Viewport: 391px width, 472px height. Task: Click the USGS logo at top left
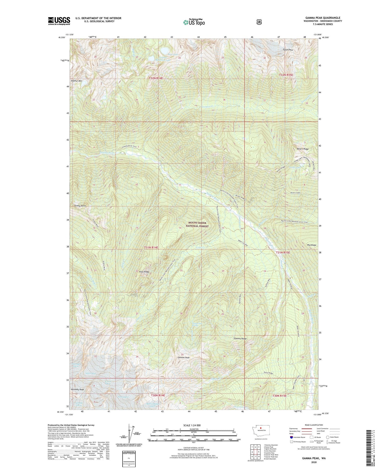[x=59, y=21]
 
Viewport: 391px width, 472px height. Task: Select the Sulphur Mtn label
[x=76, y=81]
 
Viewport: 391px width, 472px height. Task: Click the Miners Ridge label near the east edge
[x=303, y=149]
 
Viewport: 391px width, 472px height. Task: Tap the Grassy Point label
[x=80, y=206]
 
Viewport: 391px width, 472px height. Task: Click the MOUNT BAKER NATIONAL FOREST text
[x=199, y=224]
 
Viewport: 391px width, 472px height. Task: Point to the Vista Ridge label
[x=144, y=272]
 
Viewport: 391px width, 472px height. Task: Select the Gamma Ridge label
[x=240, y=338]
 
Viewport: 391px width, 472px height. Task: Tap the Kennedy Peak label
[x=77, y=390]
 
